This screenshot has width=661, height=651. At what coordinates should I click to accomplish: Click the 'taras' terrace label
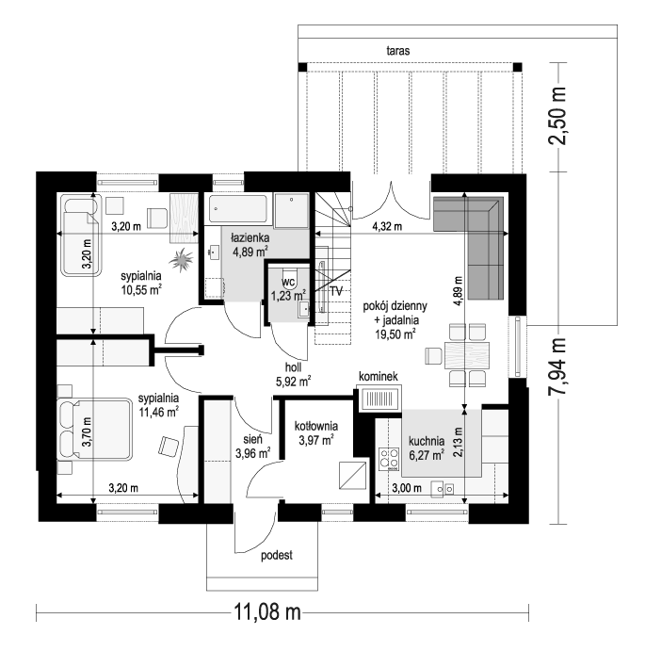pyautogui.click(x=398, y=51)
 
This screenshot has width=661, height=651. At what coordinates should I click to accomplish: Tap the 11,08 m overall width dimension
pyautogui.click(x=267, y=612)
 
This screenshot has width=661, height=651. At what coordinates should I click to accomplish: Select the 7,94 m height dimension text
pyautogui.click(x=557, y=366)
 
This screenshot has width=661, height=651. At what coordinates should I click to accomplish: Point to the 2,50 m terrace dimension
pyautogui.click(x=557, y=116)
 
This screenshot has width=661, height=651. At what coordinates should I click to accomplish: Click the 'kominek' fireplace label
pyautogui.click(x=379, y=376)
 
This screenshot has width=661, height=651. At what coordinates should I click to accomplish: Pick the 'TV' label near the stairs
pyautogui.click(x=336, y=291)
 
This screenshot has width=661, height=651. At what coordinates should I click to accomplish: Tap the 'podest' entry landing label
pyautogui.click(x=277, y=555)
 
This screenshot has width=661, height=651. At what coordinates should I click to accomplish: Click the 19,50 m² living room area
pyautogui.click(x=395, y=334)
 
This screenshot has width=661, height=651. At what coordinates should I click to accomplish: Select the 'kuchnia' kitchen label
pyautogui.click(x=427, y=441)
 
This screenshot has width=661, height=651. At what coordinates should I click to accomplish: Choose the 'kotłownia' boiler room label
pyautogui.click(x=316, y=426)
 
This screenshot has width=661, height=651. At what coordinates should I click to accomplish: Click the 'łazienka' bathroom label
pyautogui.click(x=250, y=238)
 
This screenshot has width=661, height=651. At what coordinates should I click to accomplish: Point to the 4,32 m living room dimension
pyautogui.click(x=387, y=226)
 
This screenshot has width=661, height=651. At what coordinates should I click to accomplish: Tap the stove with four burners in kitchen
pyautogui.click(x=390, y=459)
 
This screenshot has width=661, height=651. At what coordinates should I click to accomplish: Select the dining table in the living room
pyautogui.click(x=467, y=355)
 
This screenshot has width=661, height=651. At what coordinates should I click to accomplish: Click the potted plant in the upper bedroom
pyautogui.click(x=182, y=259)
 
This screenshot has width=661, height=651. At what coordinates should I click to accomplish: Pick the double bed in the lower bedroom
pyautogui.click(x=94, y=429)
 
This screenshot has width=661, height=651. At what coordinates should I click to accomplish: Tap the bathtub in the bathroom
pyautogui.click(x=238, y=208)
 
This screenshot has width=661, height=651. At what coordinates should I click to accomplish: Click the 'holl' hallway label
pyautogui.click(x=294, y=367)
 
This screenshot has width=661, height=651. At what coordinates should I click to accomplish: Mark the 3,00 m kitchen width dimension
pyautogui.click(x=407, y=488)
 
